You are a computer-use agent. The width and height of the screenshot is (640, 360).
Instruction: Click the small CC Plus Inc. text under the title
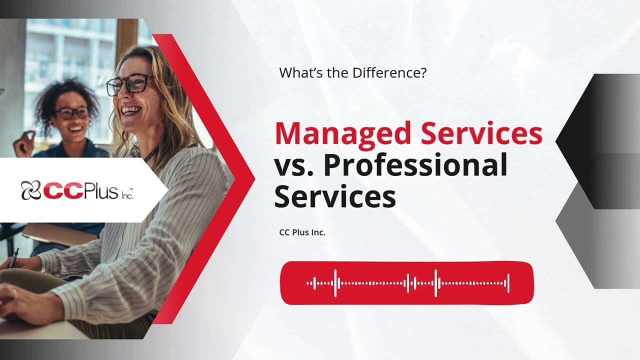[x=302, y=232]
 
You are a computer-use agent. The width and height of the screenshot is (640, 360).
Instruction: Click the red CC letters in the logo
[x=59, y=190]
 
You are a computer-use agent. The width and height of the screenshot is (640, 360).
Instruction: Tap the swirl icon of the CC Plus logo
[x=31, y=190]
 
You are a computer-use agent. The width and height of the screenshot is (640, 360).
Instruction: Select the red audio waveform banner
[x=406, y=283]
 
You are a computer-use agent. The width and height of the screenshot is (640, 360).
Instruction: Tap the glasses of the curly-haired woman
[x=72, y=112]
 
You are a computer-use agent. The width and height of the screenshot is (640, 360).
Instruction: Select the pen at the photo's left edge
[x=13, y=257]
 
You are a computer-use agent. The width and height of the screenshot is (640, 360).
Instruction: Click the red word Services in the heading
[x=480, y=134]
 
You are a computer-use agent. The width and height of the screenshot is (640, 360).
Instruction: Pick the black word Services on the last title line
[x=335, y=196]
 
